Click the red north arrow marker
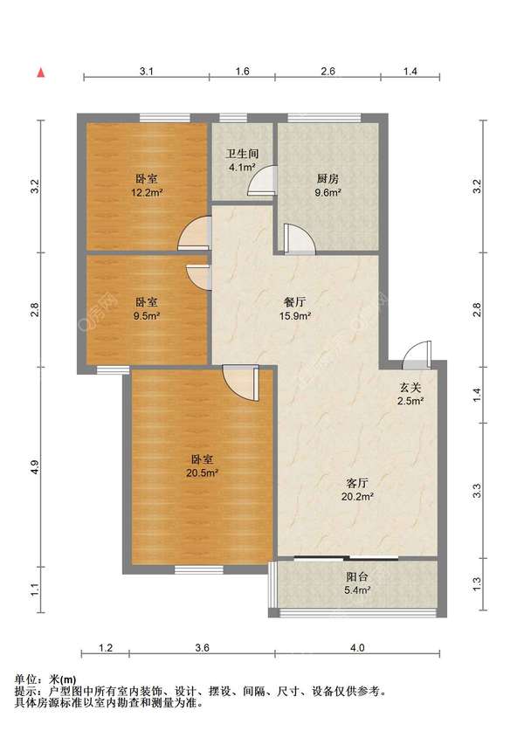tap(41, 72)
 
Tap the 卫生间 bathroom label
tap(242, 154)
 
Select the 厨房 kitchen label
tap(327, 178)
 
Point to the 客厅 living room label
tap(357, 482)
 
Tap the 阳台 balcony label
tap(357, 576)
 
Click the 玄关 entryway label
tap(410, 387)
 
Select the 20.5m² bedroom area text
tap(203, 472)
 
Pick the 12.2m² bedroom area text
tap(147, 191)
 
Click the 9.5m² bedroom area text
tap(147, 315)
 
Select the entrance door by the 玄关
tap(417, 355)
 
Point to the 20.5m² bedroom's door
tap(241, 383)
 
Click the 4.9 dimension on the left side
tap(35, 467)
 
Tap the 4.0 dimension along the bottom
tap(357, 647)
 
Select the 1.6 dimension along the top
tap(243, 71)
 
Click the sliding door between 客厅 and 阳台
tap(347, 557)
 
